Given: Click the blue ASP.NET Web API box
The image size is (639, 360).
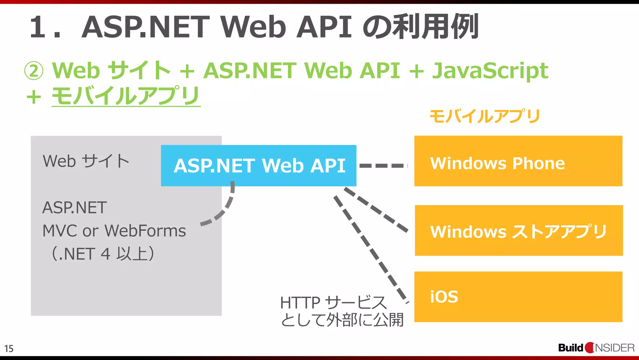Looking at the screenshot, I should point(258,165).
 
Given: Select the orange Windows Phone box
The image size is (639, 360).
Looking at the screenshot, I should point(518,161).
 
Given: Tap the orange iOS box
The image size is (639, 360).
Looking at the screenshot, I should point(518,297).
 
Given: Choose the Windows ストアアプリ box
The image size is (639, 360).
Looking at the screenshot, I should point(519,231).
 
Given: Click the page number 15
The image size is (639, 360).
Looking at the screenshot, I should point(9,348).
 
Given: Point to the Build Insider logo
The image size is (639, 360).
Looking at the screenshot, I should point(596,348).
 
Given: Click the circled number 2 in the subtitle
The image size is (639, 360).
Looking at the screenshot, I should point(34,71).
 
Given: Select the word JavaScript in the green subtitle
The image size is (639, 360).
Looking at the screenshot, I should point(490,71).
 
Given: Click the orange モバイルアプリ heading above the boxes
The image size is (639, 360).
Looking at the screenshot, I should point(485,116).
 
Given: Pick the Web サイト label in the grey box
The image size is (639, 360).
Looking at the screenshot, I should point(86,161).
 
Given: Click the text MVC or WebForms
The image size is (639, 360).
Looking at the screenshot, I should point(114,231).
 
